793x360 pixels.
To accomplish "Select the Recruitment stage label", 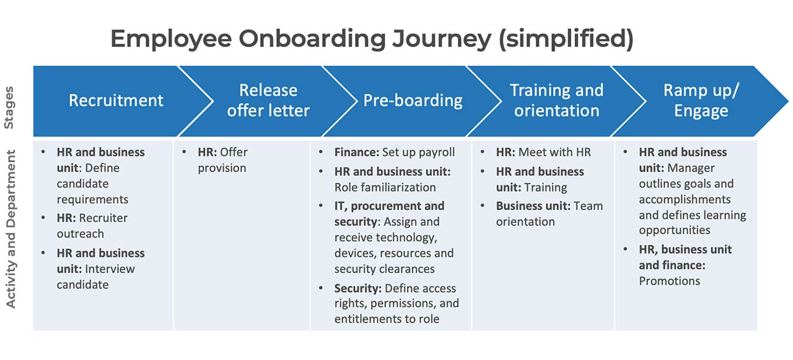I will click(116, 100).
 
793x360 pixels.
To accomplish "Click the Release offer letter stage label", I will click(268, 100).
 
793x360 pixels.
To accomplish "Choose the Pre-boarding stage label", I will click(413, 100).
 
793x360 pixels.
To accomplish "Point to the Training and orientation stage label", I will click(556, 100).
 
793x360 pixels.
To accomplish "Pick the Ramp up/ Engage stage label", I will click(701, 100).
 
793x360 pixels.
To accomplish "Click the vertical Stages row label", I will click(9, 107).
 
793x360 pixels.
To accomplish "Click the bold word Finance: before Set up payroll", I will click(357, 152).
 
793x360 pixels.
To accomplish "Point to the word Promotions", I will click(670, 281).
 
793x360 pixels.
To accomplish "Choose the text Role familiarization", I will click(385, 187).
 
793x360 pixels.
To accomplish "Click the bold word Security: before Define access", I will click(357, 288).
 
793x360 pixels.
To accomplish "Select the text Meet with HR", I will click(554, 152).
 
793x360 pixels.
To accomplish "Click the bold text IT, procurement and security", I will click(389, 213).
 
